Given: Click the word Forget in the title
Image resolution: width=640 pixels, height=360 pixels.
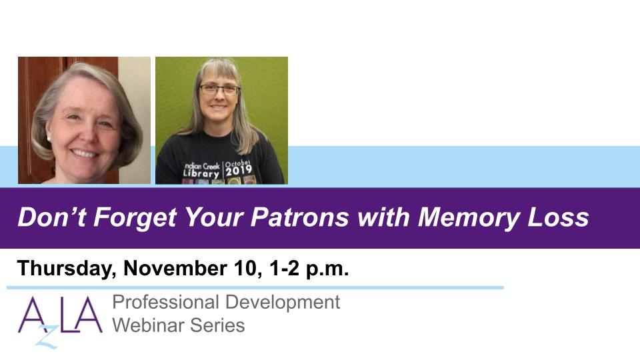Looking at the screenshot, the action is coord(135,217).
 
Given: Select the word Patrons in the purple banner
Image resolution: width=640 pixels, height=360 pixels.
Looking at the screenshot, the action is coord(299,217).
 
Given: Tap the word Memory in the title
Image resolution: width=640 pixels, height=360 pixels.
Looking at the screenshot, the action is coord(468,217).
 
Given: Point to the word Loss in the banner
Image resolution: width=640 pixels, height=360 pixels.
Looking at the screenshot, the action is coord(558,217).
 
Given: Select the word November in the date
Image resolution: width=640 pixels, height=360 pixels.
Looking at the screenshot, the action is coord(175,268).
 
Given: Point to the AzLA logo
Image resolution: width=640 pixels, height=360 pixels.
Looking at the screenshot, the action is coord(59,321).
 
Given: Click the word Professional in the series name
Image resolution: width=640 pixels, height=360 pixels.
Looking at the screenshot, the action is coord(166,302).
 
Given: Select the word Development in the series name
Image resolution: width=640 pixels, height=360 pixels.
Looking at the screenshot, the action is coord(283,303).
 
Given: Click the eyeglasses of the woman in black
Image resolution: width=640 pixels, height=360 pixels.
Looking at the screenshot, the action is coord(219,90).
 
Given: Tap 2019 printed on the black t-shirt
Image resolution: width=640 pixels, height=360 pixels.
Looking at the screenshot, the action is coord(239,170).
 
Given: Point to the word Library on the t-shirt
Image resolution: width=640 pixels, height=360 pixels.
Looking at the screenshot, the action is coord(201,173).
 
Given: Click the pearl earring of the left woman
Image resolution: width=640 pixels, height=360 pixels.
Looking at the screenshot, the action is coord(49,139).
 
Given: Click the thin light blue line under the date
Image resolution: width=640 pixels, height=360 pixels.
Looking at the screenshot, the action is coord(255,288).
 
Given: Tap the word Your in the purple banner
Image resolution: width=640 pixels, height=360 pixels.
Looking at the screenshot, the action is coord(214,217).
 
